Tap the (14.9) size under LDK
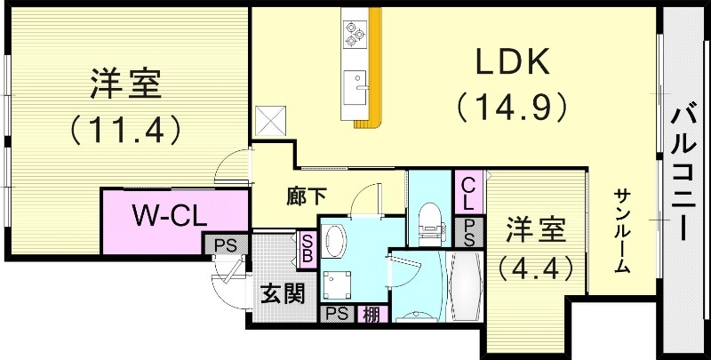pos(513,107)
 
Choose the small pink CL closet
pos(467,192)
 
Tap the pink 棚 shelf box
pos(369,313)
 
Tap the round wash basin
pos(336,237)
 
